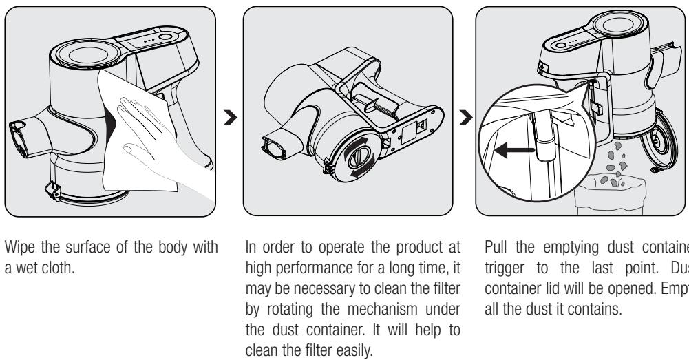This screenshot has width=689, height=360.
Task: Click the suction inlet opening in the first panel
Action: [x=19, y=135]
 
